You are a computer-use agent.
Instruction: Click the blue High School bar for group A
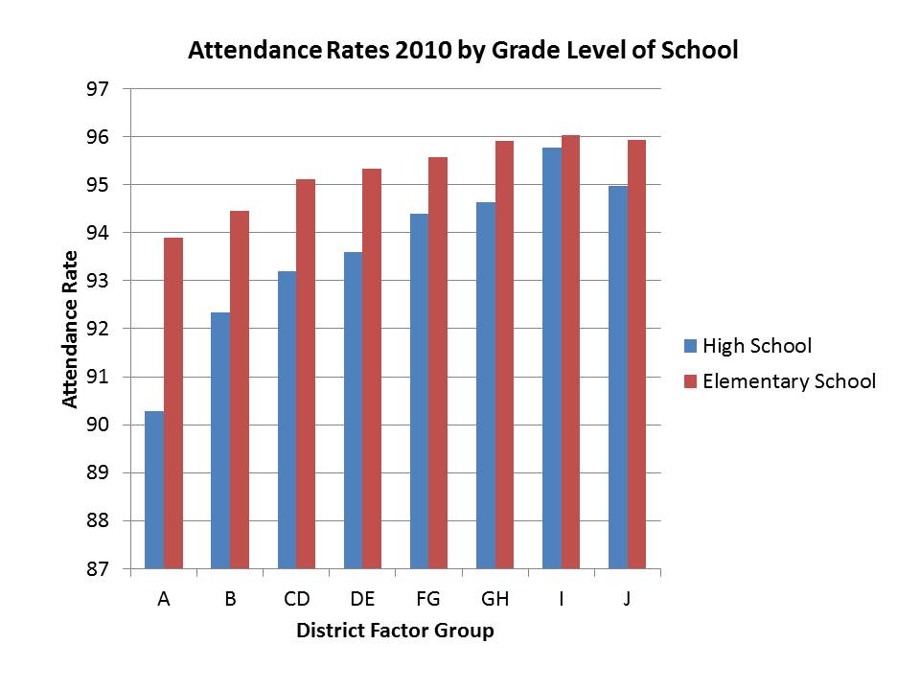pos(154,490)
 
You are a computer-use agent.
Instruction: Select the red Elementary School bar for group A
pos(173,402)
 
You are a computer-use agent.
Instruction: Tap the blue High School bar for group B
pos(220,441)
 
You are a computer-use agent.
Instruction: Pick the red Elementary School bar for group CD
pos(306,374)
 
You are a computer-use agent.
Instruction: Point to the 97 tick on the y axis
pos(100,89)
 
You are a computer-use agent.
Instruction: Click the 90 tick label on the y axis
pos(100,425)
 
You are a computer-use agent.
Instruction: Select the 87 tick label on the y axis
pos(100,569)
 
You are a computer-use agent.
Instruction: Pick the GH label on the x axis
pos(495,599)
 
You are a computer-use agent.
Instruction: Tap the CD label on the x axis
pos(297,599)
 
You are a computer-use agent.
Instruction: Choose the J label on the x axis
pos(628,599)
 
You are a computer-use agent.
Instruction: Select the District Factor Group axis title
pos(395,631)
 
